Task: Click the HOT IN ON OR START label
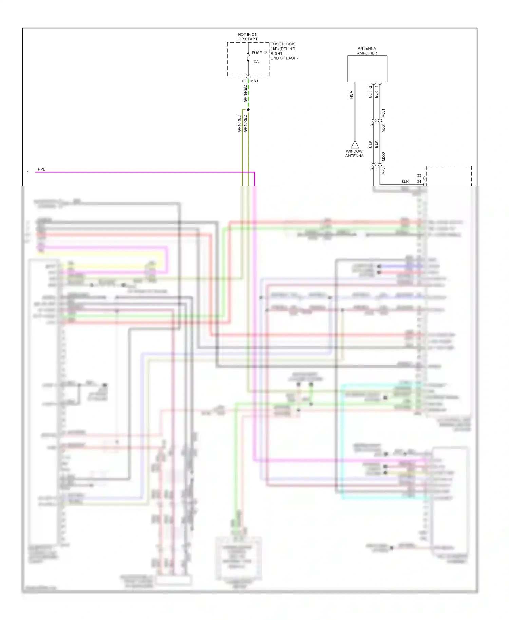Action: tap(248, 37)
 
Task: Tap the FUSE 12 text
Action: tap(259, 53)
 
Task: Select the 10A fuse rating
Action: tap(255, 62)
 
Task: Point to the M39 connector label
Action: tap(254, 81)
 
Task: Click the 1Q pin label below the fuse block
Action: tap(244, 81)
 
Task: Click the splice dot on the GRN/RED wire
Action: tap(248, 110)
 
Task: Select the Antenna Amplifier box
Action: tap(367, 69)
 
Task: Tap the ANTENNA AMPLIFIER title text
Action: tap(367, 51)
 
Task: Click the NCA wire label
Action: tap(351, 95)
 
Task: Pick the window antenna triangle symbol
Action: tap(355, 145)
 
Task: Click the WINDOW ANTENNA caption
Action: tap(354, 154)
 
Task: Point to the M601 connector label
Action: tap(383, 113)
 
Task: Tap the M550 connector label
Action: tap(383, 157)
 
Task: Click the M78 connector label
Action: tap(383, 171)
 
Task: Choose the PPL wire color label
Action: tap(41, 169)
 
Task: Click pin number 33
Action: tap(419, 175)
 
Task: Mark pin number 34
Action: tap(419, 182)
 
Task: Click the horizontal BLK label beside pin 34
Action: tap(405, 182)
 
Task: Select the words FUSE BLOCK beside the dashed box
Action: tap(283, 44)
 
